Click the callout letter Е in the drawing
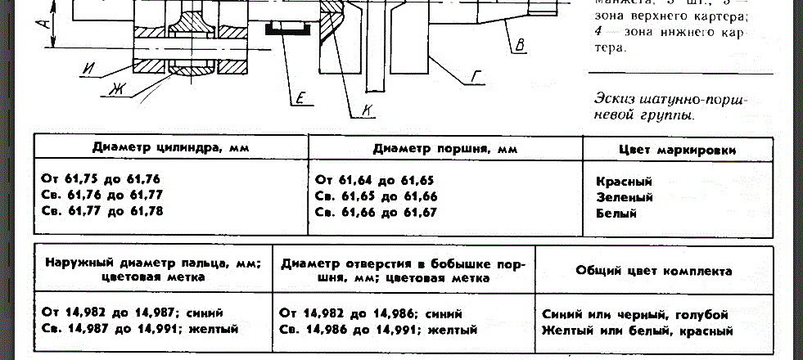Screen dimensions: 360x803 point(300,100)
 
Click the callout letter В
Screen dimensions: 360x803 point(519,46)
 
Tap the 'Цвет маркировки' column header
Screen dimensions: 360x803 point(677,150)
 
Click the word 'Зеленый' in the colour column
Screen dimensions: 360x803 point(625,197)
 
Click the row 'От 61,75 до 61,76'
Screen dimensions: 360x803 point(101,179)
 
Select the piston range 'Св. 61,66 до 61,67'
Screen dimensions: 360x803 point(377,212)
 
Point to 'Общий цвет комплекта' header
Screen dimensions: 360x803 point(653,270)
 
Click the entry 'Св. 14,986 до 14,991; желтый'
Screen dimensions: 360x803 point(378,330)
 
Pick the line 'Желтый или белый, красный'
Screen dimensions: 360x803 point(636,331)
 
